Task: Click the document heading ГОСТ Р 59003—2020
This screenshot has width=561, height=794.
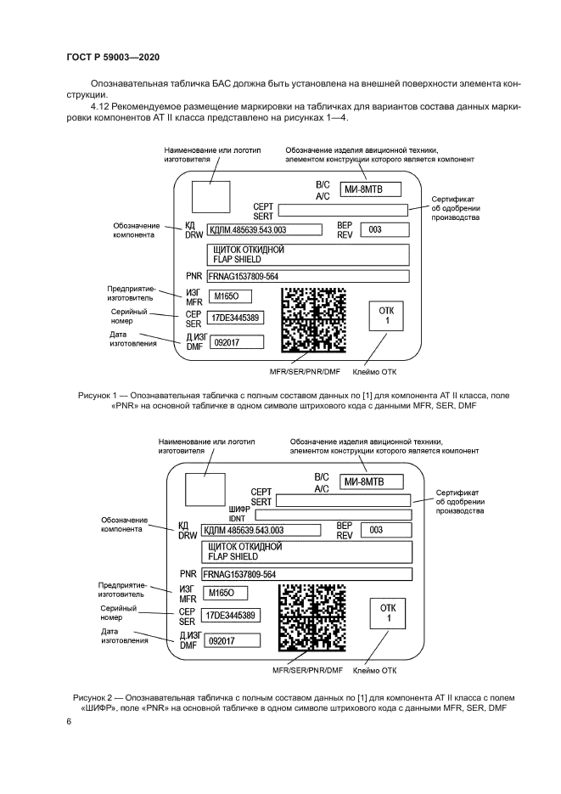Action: (113, 57)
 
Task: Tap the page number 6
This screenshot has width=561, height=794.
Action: (70, 721)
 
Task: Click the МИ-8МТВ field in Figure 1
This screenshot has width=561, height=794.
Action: (371, 189)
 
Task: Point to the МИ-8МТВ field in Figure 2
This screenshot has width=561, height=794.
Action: (372, 482)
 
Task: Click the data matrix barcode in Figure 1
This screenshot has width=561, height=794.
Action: (312, 319)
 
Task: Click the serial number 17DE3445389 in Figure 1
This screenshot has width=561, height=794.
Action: (236, 318)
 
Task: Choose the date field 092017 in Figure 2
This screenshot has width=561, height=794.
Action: (231, 640)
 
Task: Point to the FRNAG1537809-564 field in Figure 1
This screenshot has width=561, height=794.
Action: (306, 276)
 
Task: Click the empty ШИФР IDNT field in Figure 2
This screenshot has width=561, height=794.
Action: (333, 515)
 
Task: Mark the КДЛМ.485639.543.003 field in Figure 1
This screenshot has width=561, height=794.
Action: (263, 229)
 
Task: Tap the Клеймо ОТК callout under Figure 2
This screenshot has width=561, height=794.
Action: (374, 671)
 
